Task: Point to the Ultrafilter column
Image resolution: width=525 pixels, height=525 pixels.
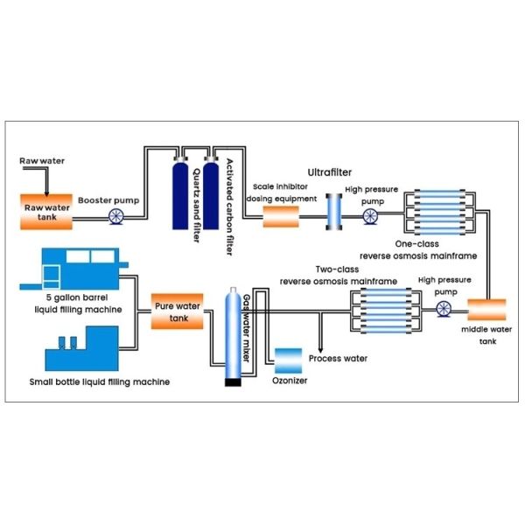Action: (x=332, y=211)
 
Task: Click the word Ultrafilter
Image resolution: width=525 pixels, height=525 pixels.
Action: (x=328, y=173)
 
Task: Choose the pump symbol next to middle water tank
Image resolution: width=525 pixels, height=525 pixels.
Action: (x=444, y=307)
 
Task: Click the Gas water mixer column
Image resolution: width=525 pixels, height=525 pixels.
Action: (x=234, y=332)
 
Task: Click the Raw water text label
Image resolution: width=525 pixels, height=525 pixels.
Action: (x=42, y=162)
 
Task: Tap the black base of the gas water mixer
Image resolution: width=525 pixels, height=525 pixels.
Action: (x=233, y=381)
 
